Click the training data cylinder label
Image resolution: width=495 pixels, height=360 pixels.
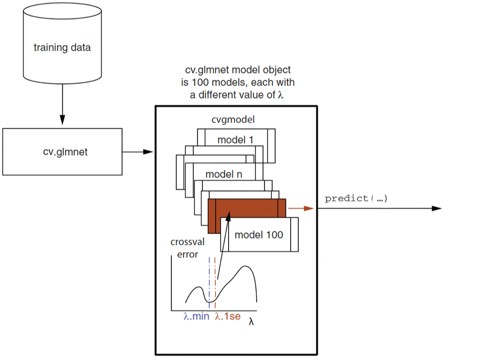click(x=62, y=48)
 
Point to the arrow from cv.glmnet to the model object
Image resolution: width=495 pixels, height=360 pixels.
click(x=138, y=152)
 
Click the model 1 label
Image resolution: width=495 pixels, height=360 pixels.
click(x=235, y=140)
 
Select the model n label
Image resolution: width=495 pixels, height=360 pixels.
click(x=224, y=174)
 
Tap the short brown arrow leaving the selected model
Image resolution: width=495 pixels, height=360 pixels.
click(x=300, y=209)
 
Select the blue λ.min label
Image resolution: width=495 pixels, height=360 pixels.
click(x=197, y=317)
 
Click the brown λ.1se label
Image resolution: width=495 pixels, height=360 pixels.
click(x=227, y=317)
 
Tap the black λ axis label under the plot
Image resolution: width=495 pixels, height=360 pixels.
click(x=251, y=321)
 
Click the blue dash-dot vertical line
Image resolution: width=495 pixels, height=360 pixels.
click(x=209, y=281)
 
